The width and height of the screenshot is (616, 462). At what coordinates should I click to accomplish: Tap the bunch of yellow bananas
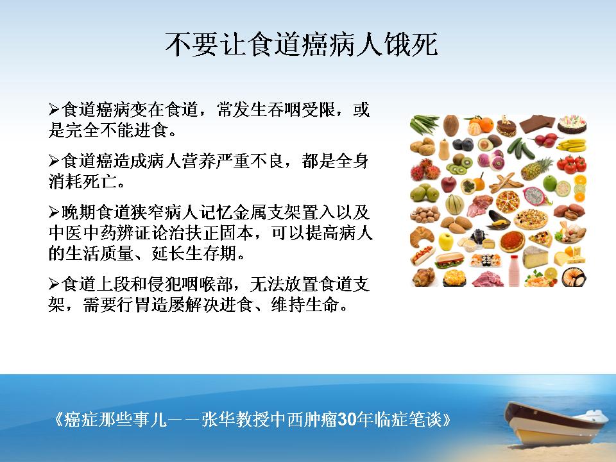coord(572,145)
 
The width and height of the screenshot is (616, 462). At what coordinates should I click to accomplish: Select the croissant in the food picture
coord(422,237)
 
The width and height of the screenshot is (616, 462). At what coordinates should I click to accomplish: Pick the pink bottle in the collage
coord(514,270)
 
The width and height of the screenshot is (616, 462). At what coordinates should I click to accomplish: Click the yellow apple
coord(446,241)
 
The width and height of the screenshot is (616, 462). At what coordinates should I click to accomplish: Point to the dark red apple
coord(449,184)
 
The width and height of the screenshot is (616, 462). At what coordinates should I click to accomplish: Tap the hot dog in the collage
coord(422,255)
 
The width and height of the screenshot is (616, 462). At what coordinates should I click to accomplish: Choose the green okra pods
coord(424,124)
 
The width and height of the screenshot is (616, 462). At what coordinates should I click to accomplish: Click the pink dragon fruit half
coord(535,196)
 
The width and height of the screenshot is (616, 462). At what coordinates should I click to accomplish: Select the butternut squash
coord(444,150)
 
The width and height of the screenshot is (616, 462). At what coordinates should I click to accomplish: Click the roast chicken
coord(424,277)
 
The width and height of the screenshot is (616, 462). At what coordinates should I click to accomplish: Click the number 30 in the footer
coord(346,420)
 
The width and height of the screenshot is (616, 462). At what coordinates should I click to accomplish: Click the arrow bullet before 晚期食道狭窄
coord(54,212)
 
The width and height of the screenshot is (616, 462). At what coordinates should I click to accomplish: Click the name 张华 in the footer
coord(218,420)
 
